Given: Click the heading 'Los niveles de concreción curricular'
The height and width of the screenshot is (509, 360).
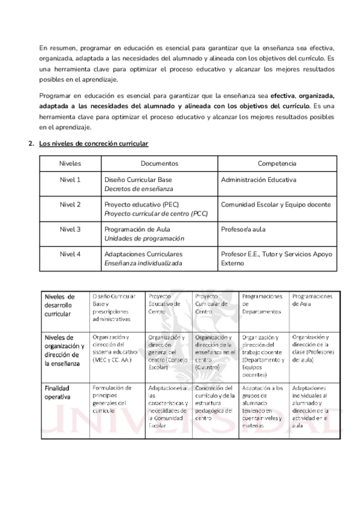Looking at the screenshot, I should [93, 144].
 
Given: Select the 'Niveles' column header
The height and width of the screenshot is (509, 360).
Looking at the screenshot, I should [70, 163].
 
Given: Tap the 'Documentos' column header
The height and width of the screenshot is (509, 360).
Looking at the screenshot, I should [159, 163].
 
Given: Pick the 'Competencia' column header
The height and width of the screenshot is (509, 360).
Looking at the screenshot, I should [277, 163].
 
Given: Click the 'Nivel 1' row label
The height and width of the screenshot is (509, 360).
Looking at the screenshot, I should [70, 179].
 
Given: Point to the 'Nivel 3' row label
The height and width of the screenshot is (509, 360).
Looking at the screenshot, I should [70, 229].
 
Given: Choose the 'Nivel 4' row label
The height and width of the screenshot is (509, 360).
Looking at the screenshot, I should [70, 253].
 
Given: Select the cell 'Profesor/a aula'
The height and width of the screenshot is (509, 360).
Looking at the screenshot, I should [243, 229].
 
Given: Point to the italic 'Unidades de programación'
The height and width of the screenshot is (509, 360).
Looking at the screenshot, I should [144, 238].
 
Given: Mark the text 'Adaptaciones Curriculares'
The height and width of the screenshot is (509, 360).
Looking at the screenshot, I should [143, 253].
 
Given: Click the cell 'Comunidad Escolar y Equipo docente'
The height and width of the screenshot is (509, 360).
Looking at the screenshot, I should [275, 204].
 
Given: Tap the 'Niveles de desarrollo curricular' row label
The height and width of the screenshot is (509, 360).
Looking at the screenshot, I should [59, 304].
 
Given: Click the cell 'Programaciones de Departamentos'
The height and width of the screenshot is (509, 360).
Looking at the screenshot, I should [262, 304].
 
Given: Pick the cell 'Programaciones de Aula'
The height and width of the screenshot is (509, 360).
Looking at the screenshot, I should [312, 300].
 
